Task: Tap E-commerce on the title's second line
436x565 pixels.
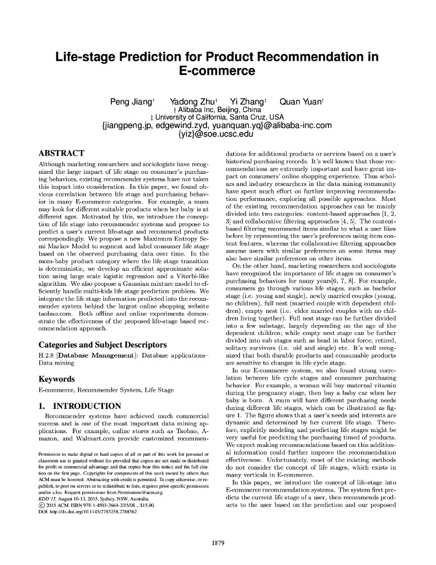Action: (218, 71)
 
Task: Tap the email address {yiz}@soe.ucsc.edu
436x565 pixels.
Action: (217, 134)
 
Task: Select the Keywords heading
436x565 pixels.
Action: (56, 379)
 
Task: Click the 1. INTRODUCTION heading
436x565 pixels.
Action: (79, 406)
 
